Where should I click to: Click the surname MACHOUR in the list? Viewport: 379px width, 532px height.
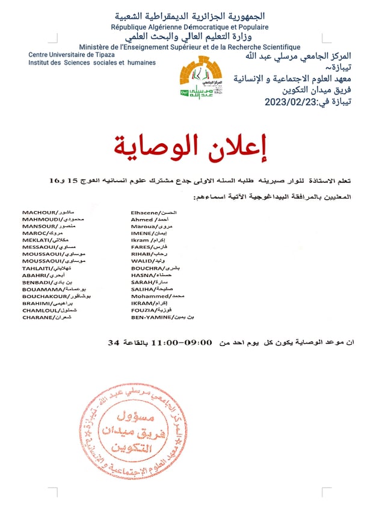(x=38, y=212)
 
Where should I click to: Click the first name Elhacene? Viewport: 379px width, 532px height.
(x=145, y=212)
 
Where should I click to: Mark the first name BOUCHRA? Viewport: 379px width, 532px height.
(x=146, y=268)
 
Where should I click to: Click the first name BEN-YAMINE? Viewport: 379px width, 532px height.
(x=151, y=317)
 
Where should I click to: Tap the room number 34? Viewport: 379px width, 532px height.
(x=112, y=342)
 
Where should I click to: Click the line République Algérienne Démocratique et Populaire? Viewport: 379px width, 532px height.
(x=189, y=27)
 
